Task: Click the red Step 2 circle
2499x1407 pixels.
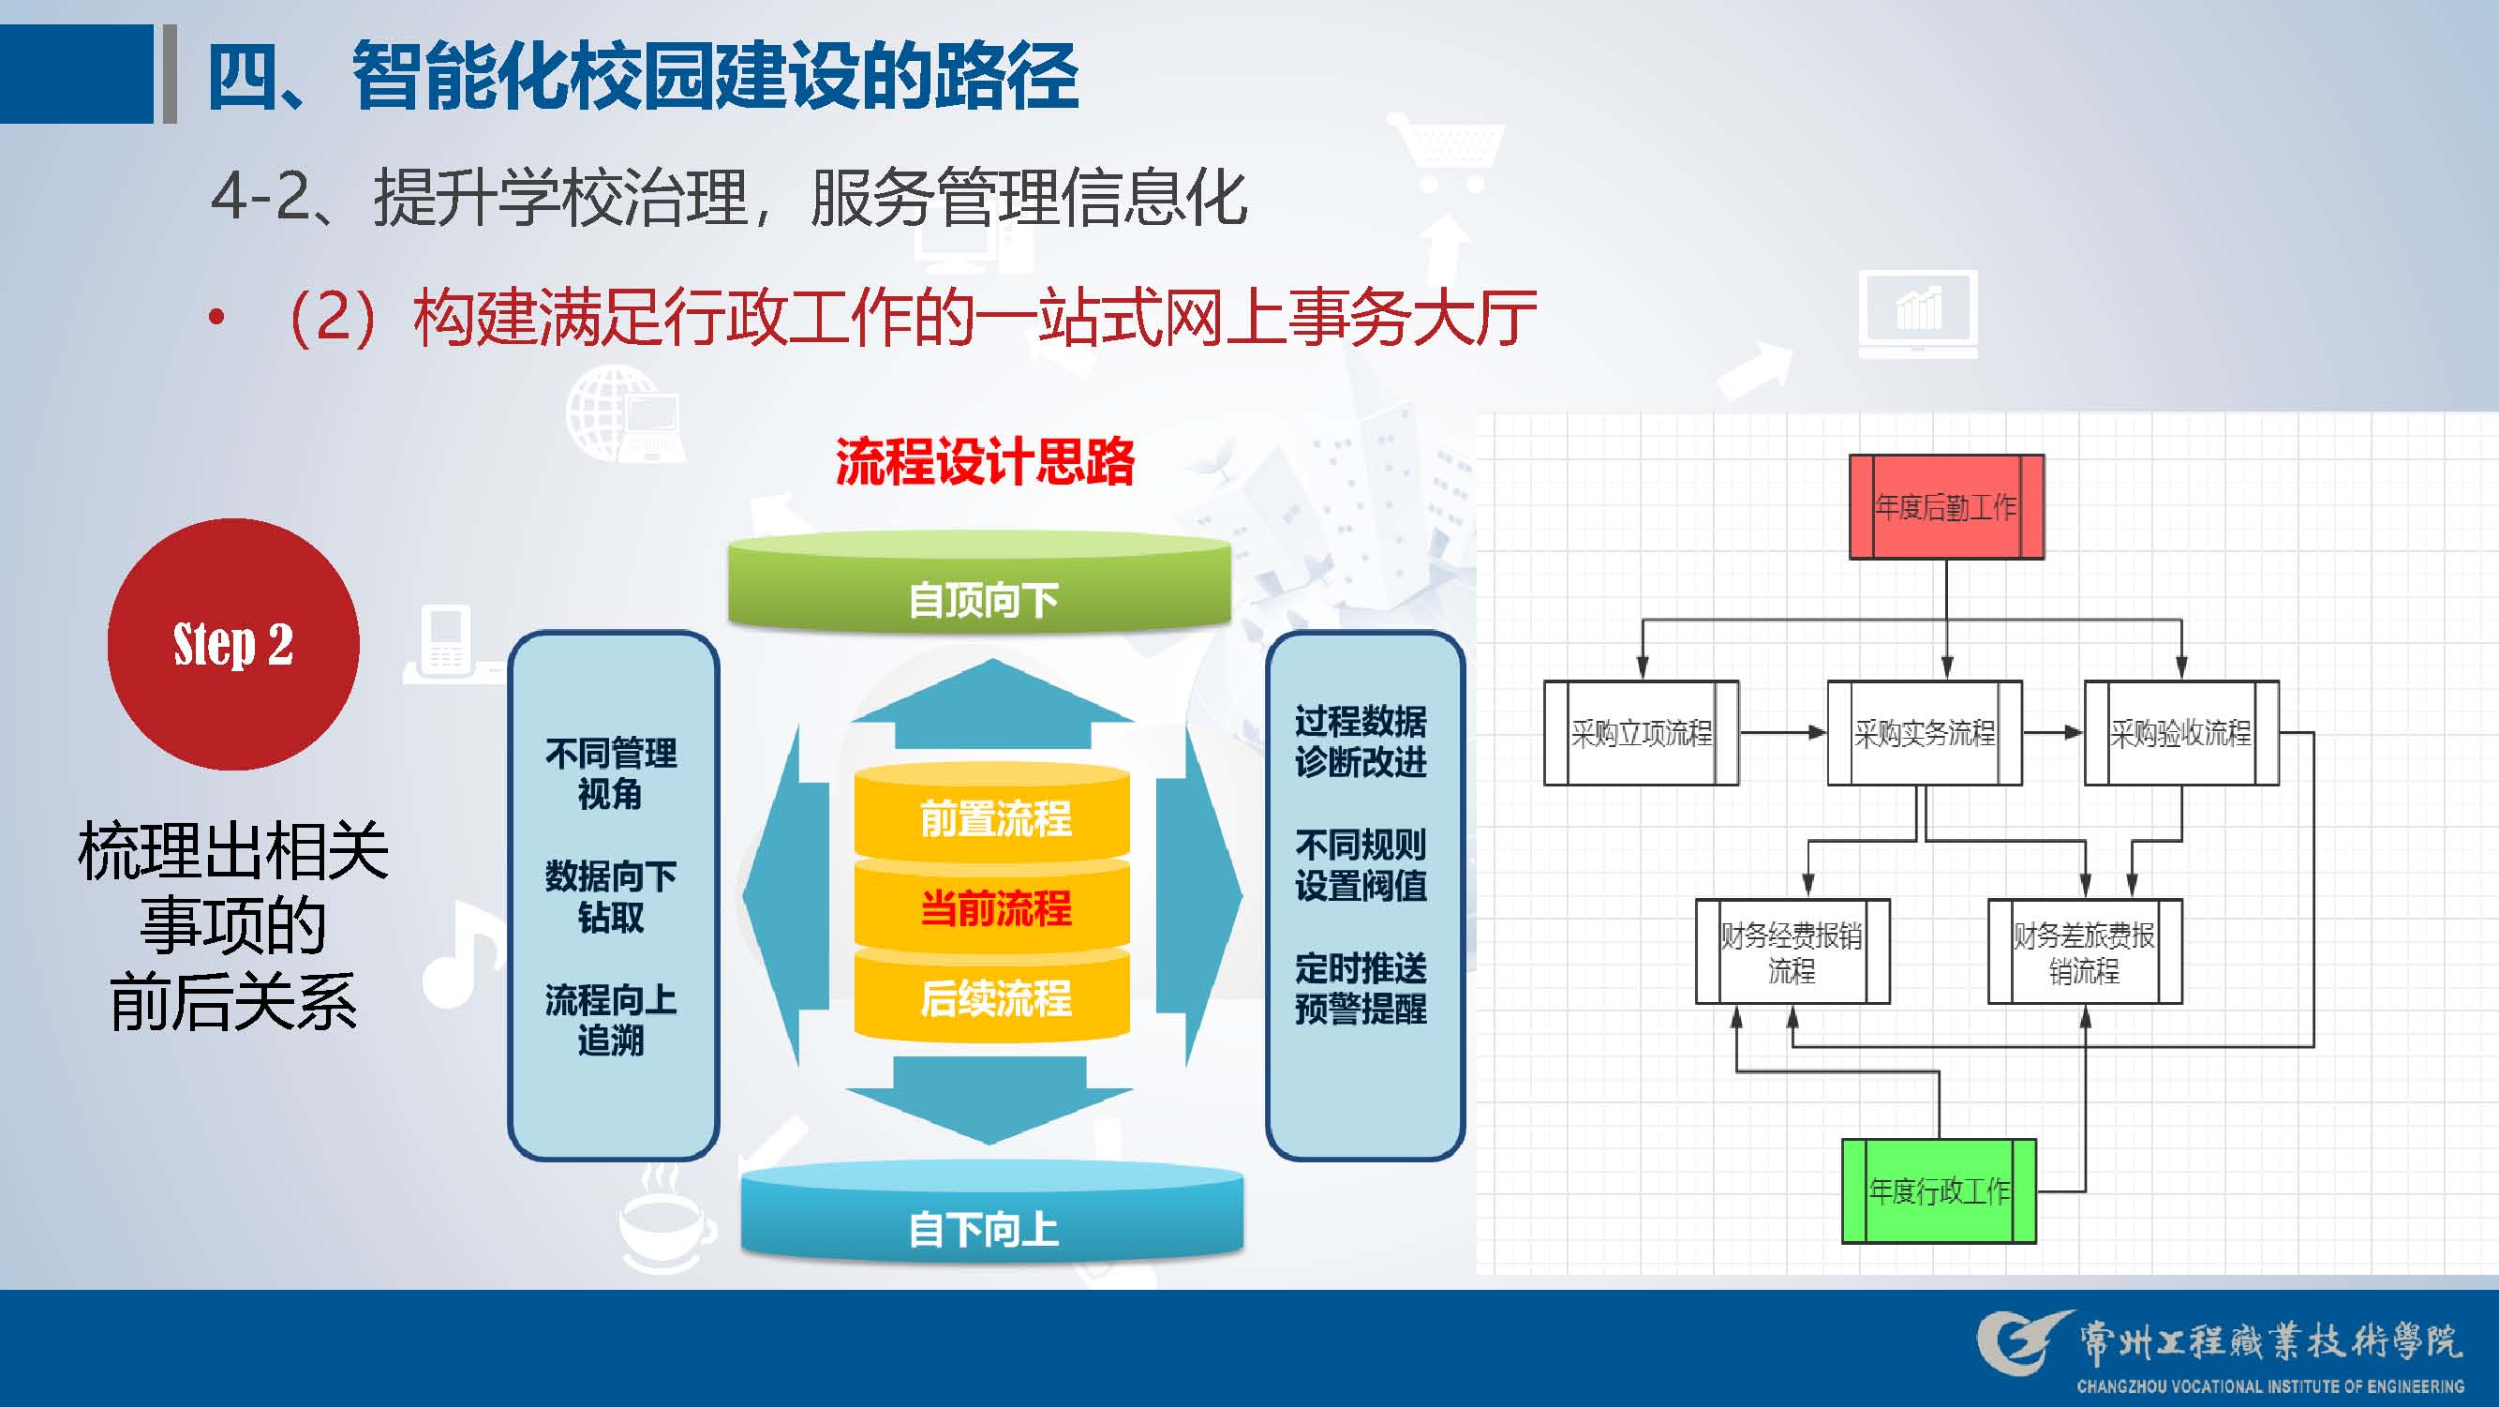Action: coord(232,644)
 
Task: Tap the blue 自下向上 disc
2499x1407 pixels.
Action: coord(991,1217)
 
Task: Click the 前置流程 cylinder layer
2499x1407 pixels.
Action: coord(993,817)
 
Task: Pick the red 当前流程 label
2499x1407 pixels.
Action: coord(995,908)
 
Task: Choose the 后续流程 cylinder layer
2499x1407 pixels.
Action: coord(993,997)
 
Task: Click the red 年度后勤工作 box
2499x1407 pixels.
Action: coord(1946,506)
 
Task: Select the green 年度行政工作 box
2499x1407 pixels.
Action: coord(1940,1190)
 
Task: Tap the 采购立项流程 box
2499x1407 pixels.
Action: coord(1641,733)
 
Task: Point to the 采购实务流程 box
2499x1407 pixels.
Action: coord(1925,733)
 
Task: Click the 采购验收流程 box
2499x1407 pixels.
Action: coord(2180,733)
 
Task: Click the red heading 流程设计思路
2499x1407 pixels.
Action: coord(985,462)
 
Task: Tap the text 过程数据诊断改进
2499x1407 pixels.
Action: coord(1361,741)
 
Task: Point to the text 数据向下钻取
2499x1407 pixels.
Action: coord(610,895)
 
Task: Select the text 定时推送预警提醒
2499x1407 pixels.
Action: coord(1361,988)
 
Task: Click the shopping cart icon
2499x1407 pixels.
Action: coord(1447,150)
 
